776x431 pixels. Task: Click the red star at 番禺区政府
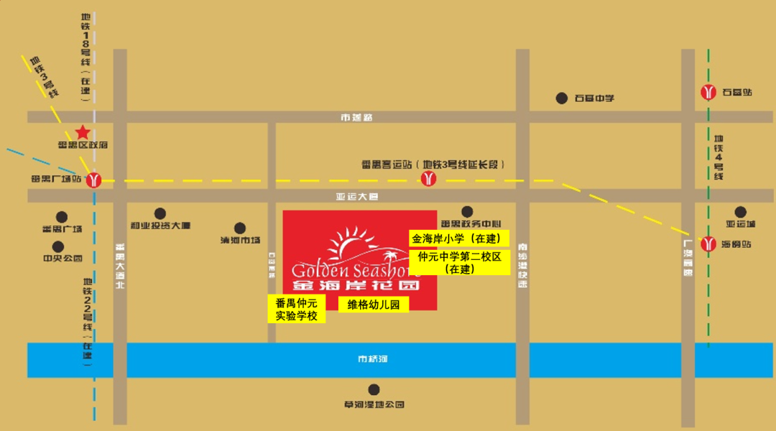[83, 132]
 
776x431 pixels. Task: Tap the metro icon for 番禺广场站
[93, 180]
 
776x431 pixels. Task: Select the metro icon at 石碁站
[709, 92]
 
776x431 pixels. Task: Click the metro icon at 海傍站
[709, 244]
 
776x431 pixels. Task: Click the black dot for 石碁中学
[561, 98]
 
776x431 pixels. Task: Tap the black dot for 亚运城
[740, 212]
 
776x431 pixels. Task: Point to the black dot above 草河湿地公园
[374, 390]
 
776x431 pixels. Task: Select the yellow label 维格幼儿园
[374, 305]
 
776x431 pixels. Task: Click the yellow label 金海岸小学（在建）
[459, 238]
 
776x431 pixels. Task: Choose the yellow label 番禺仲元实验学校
[296, 309]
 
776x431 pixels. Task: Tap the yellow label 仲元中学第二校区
[459, 262]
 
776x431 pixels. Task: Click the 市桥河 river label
[373, 358]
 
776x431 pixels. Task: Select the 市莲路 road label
[357, 117]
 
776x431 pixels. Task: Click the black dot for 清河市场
[240, 227]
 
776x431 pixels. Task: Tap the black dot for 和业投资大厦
[160, 213]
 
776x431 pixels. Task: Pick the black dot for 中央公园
[63, 245]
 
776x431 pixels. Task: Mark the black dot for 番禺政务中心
[468, 211]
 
